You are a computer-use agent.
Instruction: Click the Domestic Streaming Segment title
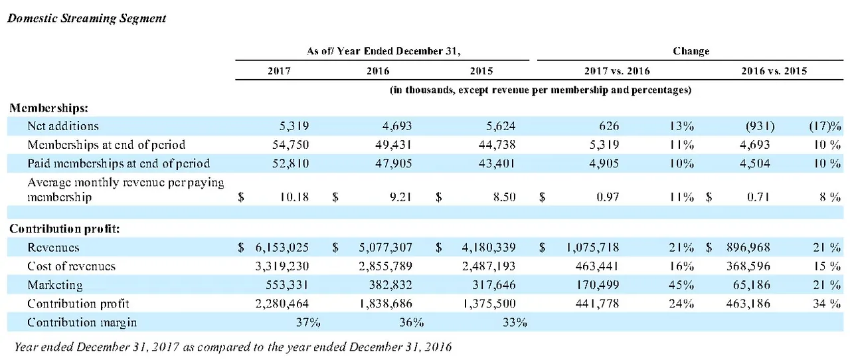(x=86, y=19)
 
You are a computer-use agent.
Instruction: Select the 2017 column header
(x=279, y=71)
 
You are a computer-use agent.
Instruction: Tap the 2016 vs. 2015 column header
(x=774, y=71)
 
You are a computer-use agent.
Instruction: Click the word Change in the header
(x=691, y=51)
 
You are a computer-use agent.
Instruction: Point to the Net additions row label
(x=63, y=126)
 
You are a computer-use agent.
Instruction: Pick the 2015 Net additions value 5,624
(x=501, y=126)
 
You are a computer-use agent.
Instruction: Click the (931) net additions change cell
(x=760, y=126)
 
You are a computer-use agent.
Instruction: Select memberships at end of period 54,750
(x=291, y=145)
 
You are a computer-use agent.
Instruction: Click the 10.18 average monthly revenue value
(x=294, y=197)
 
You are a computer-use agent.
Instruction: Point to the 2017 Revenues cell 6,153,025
(x=282, y=248)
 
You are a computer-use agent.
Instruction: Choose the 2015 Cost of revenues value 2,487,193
(x=489, y=266)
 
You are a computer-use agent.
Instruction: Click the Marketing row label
(x=55, y=285)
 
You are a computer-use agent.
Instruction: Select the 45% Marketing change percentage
(x=681, y=285)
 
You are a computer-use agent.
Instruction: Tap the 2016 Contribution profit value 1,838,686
(x=386, y=304)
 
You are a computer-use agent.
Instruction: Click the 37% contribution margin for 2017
(x=308, y=322)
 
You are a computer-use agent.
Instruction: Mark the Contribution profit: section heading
(x=64, y=228)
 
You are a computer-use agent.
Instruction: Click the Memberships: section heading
(x=49, y=108)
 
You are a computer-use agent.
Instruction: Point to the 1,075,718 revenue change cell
(x=592, y=248)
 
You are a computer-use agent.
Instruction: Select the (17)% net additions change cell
(x=825, y=126)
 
